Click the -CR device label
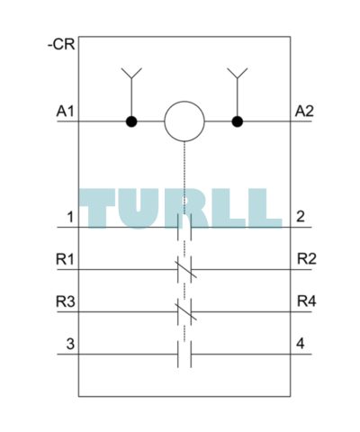point(61,45)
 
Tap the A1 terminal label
point(65,112)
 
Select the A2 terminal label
point(304,112)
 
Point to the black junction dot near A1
point(131,121)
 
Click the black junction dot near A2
point(238,121)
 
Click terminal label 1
point(70,217)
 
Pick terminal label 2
point(301,217)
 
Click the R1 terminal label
point(65,259)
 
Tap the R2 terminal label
point(307,259)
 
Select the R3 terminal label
point(66,301)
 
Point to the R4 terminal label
point(307,301)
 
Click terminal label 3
point(70,344)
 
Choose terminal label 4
point(301,344)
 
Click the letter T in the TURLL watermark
point(97,209)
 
